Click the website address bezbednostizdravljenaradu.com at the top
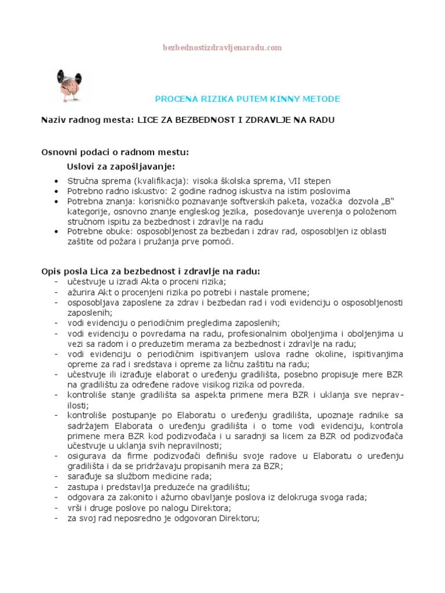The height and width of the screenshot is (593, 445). tap(222, 47)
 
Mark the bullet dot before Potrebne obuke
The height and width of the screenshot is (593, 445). tap(55, 232)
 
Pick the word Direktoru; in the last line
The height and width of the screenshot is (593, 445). tap(235, 519)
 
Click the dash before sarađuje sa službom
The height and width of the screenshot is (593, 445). tap(55, 476)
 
